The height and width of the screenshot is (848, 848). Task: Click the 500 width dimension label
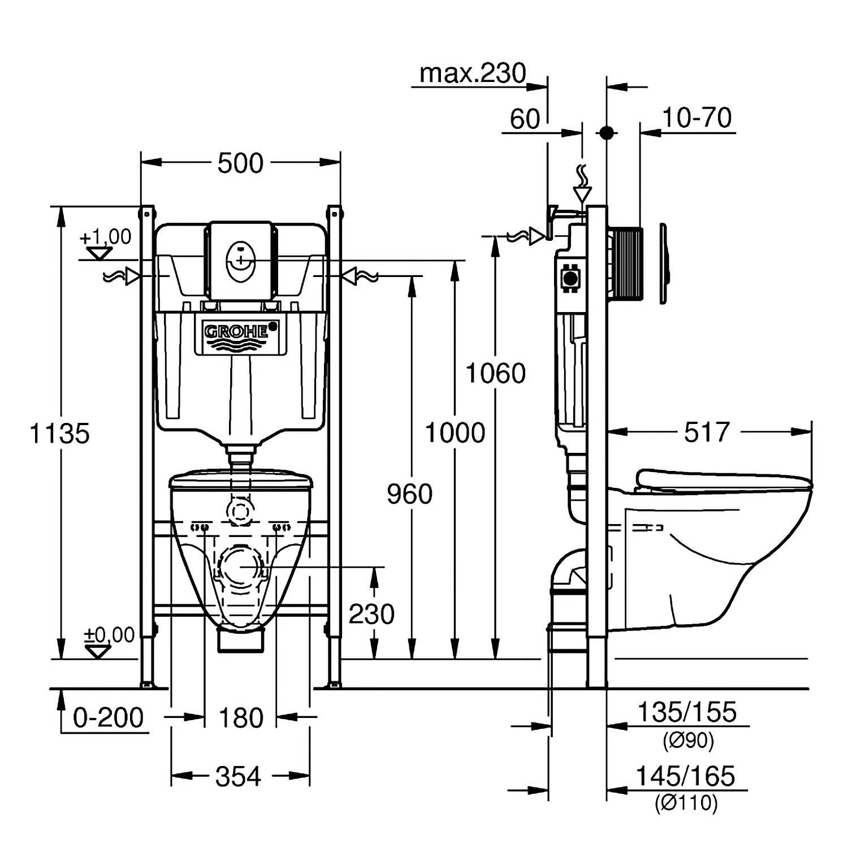pos(240,163)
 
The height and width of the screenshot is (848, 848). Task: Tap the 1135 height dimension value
pos(59,434)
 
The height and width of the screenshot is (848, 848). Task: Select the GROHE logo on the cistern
pos(237,332)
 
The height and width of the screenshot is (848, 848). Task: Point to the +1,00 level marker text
pos(106,237)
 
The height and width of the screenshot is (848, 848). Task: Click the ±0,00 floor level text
pos(109,635)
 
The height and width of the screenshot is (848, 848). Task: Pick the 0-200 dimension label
pos(108,718)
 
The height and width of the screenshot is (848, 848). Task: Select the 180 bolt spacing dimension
pos(240,718)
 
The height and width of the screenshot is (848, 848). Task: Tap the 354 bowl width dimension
pos(238,777)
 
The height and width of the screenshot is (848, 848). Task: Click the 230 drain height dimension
pos(371,614)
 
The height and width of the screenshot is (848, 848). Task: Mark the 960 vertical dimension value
pos(409,494)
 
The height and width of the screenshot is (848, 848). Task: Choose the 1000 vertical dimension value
pos(455,433)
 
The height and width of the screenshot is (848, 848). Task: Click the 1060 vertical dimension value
pos(495,374)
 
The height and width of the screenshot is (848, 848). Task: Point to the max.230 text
pos(473,73)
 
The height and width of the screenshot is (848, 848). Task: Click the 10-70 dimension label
pos(696,118)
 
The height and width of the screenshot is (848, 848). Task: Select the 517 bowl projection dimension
pos(707,432)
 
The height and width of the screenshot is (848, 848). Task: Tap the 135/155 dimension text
pos(687,712)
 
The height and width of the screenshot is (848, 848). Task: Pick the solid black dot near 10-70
pos(606,133)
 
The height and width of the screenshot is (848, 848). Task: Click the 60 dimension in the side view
pos(525,119)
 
